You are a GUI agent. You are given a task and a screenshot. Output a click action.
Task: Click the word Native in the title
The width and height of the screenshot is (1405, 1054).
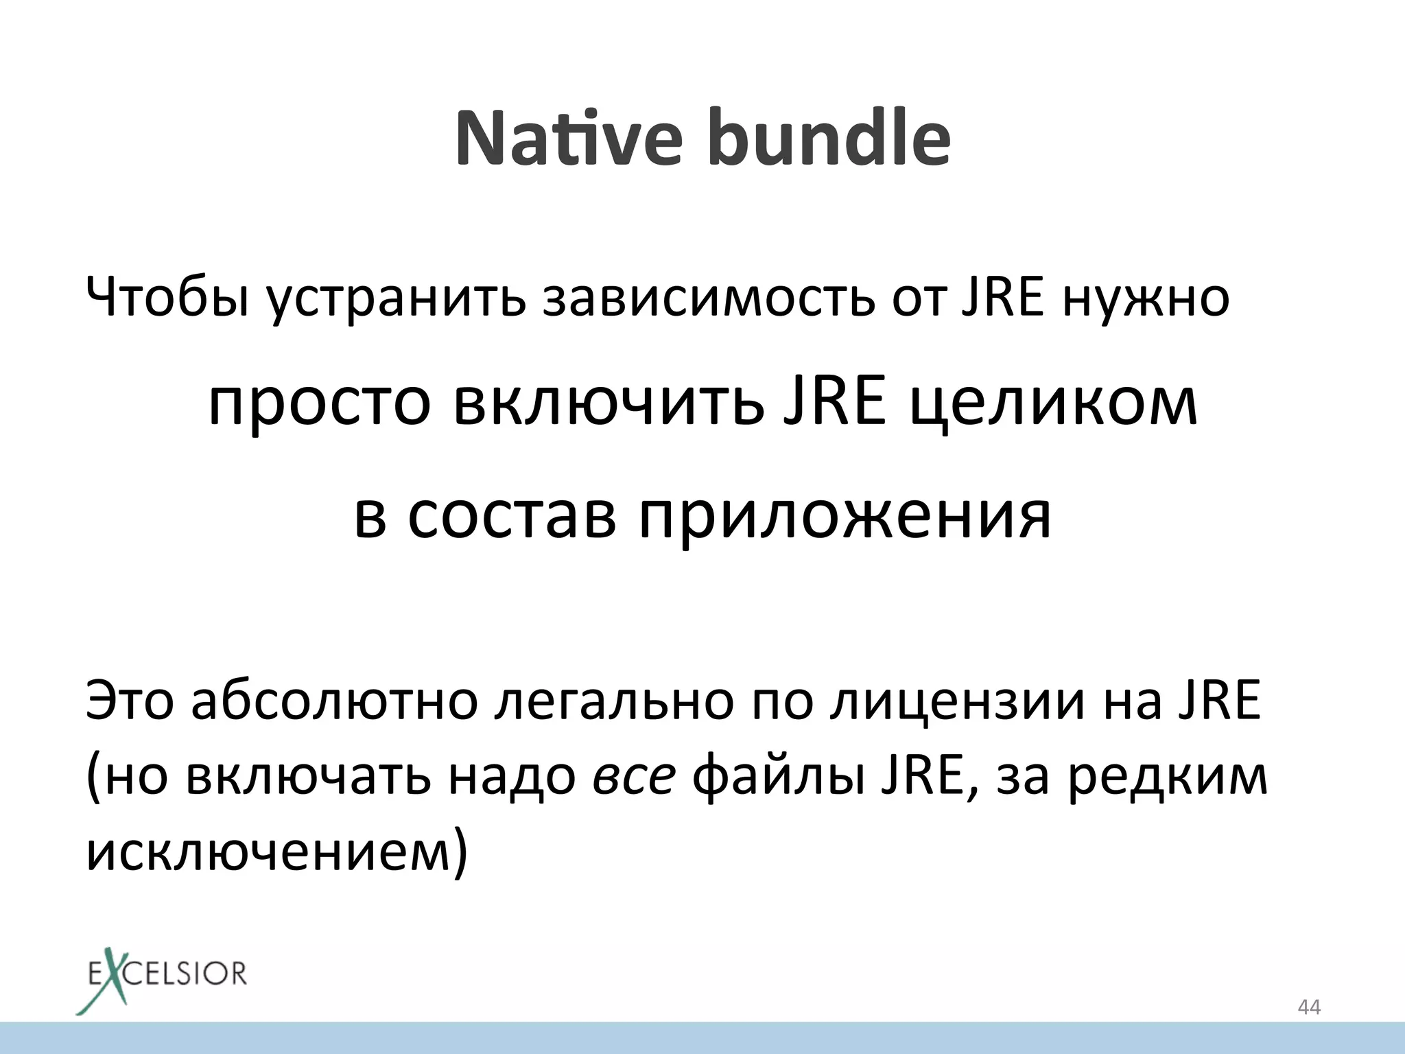coord(568,139)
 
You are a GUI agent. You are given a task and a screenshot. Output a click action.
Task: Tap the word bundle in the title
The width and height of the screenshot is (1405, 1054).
coord(829,139)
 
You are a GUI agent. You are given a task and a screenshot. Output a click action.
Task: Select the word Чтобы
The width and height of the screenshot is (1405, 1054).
coord(167,298)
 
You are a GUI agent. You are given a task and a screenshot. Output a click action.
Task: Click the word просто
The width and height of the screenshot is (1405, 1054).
coord(320,405)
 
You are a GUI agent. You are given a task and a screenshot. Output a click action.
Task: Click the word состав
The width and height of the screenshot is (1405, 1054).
coord(512,516)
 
